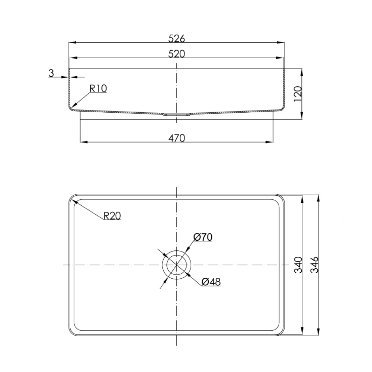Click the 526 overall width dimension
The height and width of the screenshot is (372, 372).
pyautogui.click(x=177, y=38)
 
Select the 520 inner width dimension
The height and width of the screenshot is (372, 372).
pyautogui.click(x=177, y=54)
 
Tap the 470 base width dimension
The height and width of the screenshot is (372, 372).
pyautogui.click(x=177, y=138)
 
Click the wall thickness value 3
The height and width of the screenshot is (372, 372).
pyautogui.click(x=51, y=73)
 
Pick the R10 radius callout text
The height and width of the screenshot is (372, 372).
pyautogui.click(x=98, y=88)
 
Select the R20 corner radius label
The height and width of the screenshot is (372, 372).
pyautogui.click(x=112, y=216)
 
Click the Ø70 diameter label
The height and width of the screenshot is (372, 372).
pyautogui.click(x=203, y=237)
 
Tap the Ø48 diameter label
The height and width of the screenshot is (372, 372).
pyautogui.click(x=211, y=282)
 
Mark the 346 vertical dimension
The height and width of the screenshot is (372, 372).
pyautogui.click(x=315, y=264)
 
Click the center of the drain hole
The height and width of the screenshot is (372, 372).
pyautogui.click(x=177, y=264)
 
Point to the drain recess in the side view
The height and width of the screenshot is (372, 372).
pyautogui.click(x=177, y=115)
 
